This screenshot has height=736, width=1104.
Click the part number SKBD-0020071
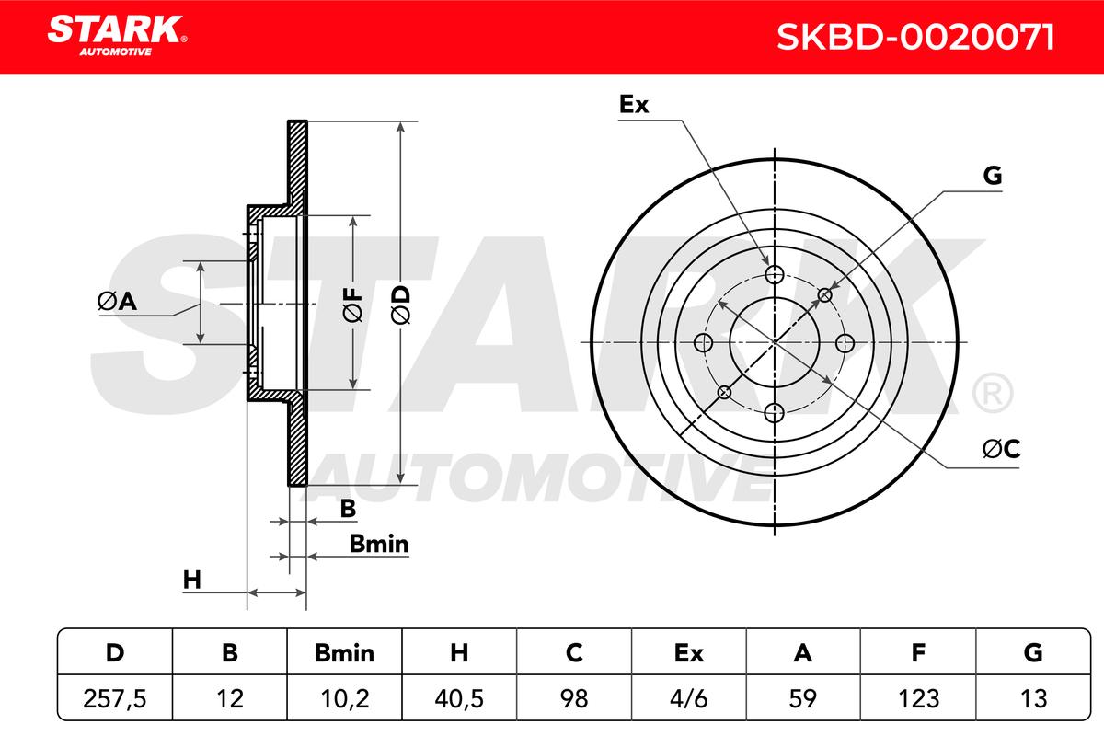pyautogui.click(x=915, y=37)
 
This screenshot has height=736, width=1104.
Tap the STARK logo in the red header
pyautogui.click(x=117, y=36)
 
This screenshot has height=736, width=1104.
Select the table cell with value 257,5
pyautogui.click(x=115, y=698)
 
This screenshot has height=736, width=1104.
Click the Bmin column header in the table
pyautogui.click(x=344, y=653)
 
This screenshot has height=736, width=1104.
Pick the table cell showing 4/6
pyautogui.click(x=688, y=698)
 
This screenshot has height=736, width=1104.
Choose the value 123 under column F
pyautogui.click(x=919, y=698)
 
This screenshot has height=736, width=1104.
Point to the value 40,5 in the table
pyautogui.click(x=459, y=698)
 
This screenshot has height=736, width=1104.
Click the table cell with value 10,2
pyautogui.click(x=344, y=698)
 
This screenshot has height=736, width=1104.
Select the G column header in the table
pyautogui.click(x=1033, y=653)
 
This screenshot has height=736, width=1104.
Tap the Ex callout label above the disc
pyautogui.click(x=634, y=105)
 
